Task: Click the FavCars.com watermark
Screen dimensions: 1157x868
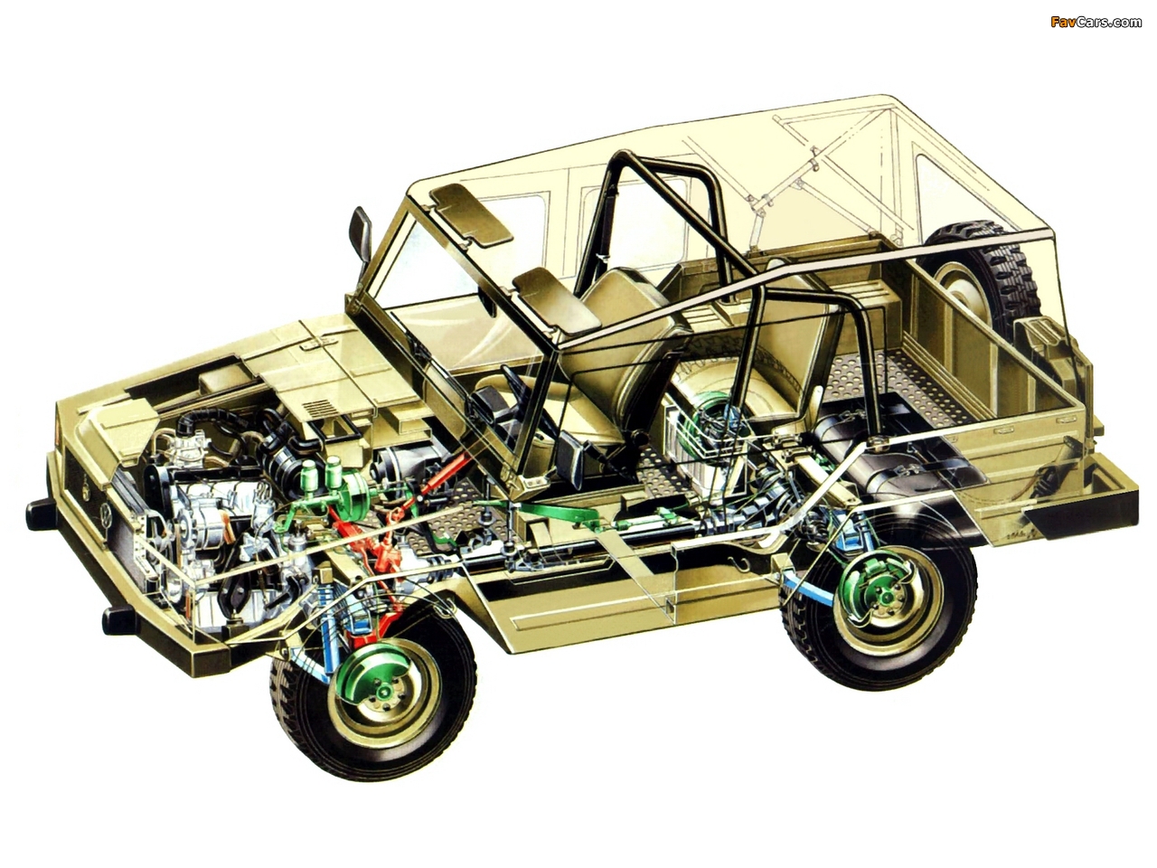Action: click(1096, 22)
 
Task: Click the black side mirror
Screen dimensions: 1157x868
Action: click(361, 231)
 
